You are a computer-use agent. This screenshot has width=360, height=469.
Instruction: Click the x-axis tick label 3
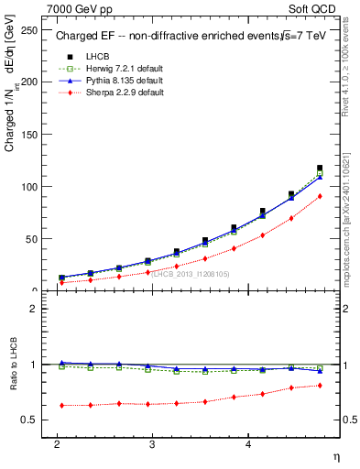(152, 443)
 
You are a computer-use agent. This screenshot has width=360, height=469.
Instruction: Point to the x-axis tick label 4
(248, 443)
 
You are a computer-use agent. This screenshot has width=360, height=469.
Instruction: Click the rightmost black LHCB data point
(320, 168)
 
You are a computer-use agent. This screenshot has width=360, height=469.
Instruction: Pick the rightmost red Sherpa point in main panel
(320, 196)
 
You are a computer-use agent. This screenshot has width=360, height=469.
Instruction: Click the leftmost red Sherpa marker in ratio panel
(61, 405)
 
